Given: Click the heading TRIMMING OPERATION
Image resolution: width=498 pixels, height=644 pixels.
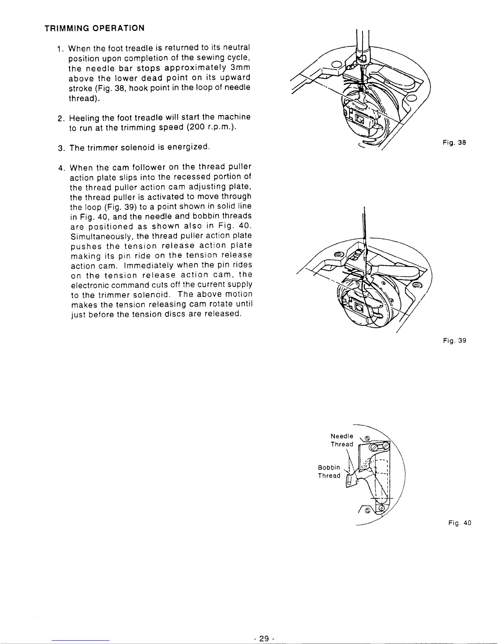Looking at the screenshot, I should point(94,28).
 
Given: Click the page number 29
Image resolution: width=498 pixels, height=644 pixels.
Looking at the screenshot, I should point(264,638).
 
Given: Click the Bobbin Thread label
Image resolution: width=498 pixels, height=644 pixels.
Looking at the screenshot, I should point(329,472).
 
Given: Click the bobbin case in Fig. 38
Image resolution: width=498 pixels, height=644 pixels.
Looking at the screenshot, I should point(360,120).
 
